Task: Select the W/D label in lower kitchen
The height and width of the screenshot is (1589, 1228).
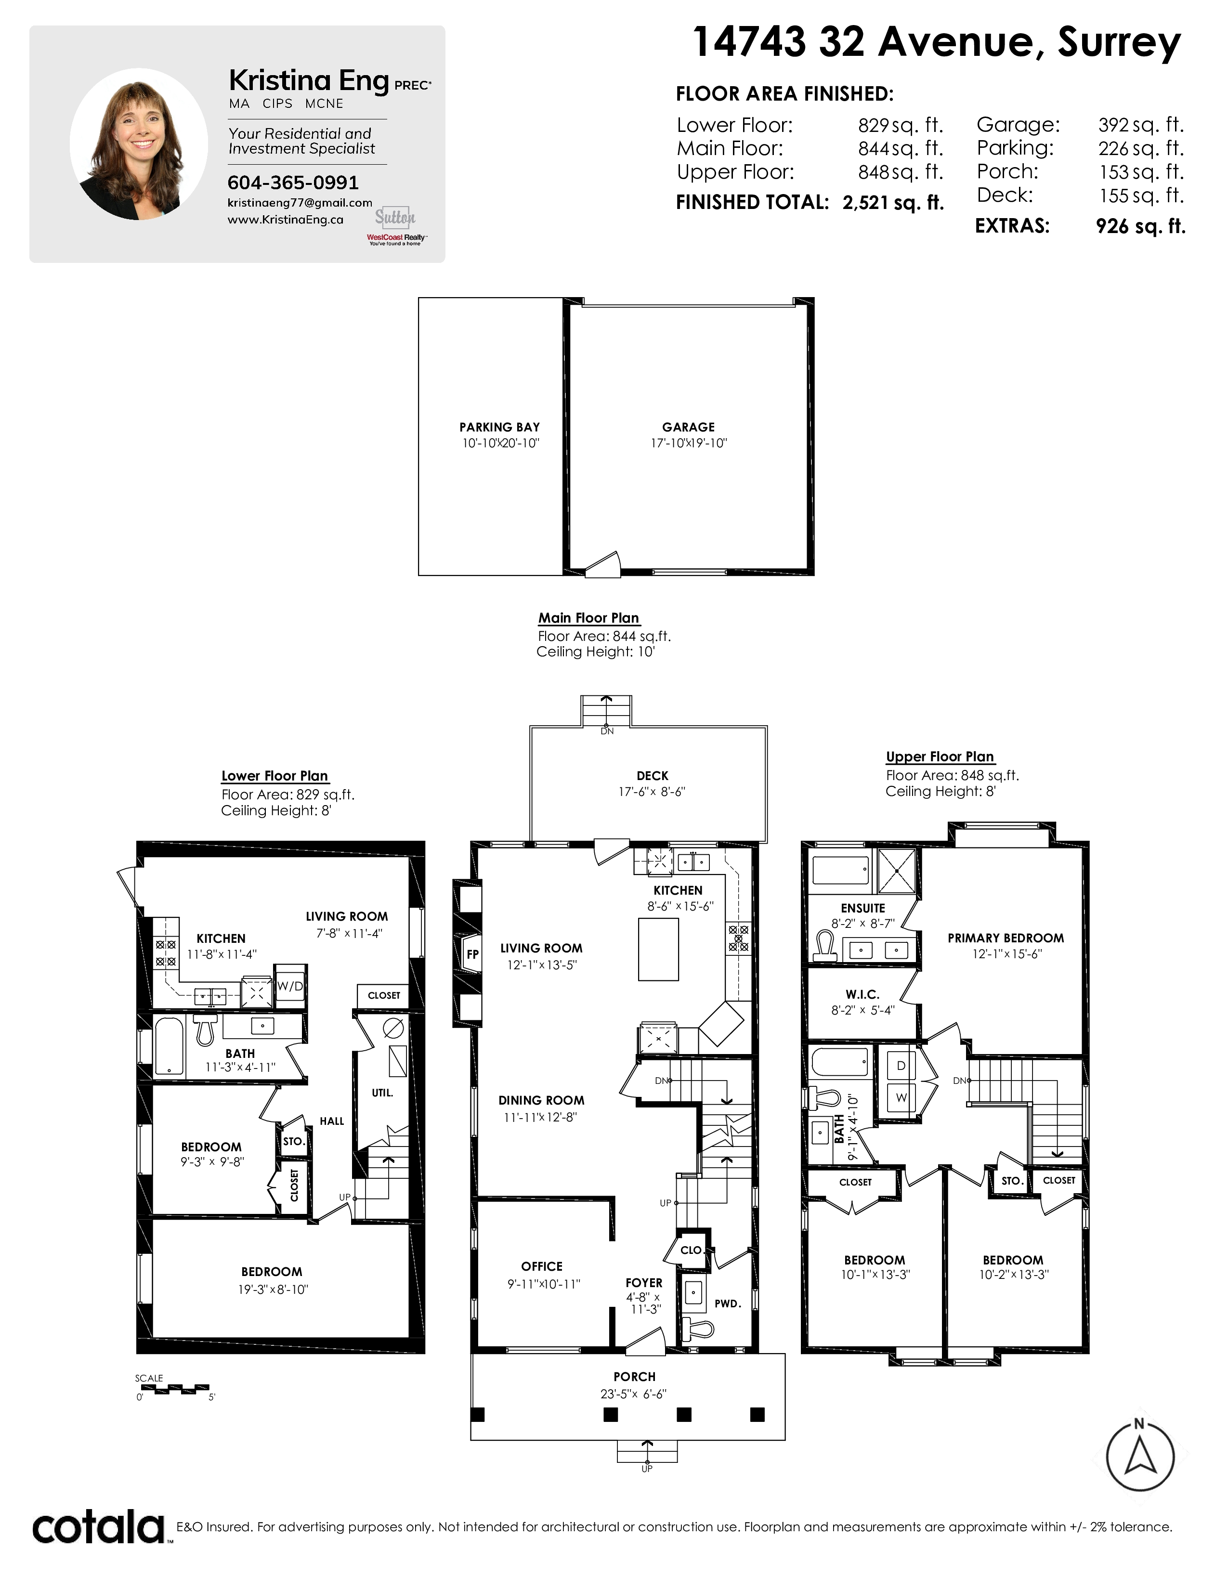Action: [290, 987]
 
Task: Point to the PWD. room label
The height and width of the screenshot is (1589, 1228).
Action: [728, 1304]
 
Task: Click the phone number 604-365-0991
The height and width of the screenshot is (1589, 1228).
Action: [293, 182]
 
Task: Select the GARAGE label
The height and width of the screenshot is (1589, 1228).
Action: [688, 427]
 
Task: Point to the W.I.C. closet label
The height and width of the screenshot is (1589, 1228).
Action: [863, 995]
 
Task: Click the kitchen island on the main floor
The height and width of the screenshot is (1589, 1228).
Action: [658, 950]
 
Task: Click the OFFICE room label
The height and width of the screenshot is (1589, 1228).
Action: [542, 1267]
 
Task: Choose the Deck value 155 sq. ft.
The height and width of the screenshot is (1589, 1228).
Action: [1141, 195]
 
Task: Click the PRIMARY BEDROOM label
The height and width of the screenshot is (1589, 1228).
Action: [1006, 938]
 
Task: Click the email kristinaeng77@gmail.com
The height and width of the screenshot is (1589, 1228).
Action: [300, 203]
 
